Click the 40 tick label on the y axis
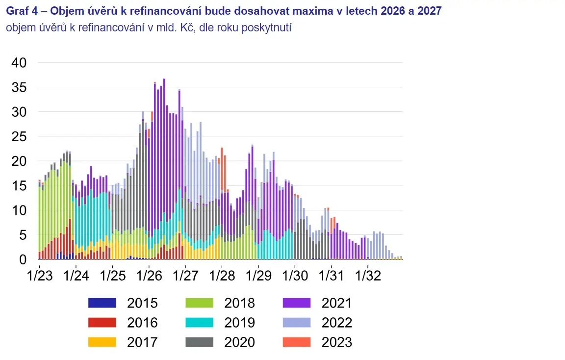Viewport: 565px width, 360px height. tap(19, 63)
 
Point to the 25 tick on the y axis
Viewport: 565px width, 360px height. tap(19, 136)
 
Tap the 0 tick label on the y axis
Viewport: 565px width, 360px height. tap(23, 259)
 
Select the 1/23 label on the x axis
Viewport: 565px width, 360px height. tap(40, 276)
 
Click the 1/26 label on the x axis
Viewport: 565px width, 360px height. tap(149, 276)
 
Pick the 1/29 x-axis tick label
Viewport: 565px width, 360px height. tap(258, 276)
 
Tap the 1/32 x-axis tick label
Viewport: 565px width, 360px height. tap(368, 276)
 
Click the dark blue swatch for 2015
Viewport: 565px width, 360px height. tap(103, 303)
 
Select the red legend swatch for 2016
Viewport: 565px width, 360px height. tap(103, 322)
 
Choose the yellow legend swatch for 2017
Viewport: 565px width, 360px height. tap(103, 342)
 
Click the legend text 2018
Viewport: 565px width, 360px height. tap(240, 303)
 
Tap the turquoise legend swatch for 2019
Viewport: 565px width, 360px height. tap(200, 322)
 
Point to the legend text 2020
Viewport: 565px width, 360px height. tap(240, 342)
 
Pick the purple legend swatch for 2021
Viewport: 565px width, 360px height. tap(297, 303)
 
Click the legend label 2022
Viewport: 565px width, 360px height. tap(337, 323)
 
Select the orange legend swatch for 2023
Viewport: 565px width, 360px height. tap(297, 342)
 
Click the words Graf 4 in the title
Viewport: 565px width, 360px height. tap(22, 11)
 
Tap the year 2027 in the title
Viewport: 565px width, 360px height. tap(430, 11)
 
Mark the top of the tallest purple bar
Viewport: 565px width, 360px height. tap(164, 79)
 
